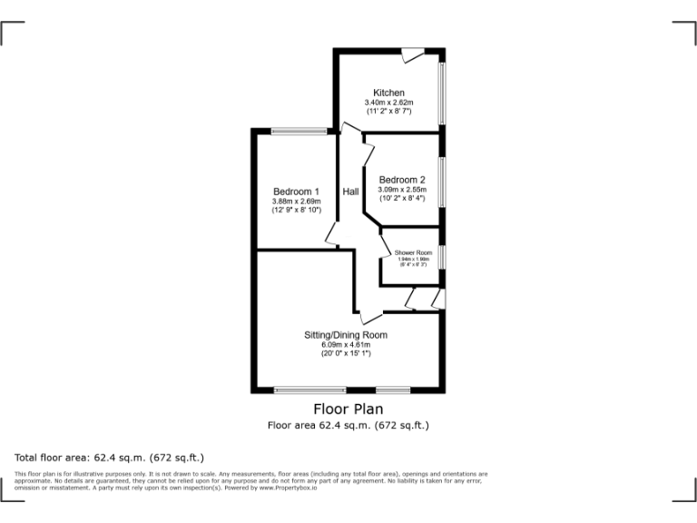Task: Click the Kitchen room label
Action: pos(388,93)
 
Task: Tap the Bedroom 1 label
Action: pos(296,192)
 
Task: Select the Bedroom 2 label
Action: pos(402,180)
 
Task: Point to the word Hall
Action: pos(350,192)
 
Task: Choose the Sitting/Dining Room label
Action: pos(346,335)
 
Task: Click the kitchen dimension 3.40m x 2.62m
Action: pos(388,103)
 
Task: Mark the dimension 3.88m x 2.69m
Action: pos(297,202)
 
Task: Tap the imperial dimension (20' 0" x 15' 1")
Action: pos(346,353)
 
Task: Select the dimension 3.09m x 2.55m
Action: pos(402,189)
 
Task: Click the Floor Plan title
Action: pos(348,410)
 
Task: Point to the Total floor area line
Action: pos(110,458)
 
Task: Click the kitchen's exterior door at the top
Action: pos(414,55)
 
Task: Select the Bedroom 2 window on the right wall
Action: pos(442,178)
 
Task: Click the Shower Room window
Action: pos(442,257)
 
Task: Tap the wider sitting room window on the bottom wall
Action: pos(309,390)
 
